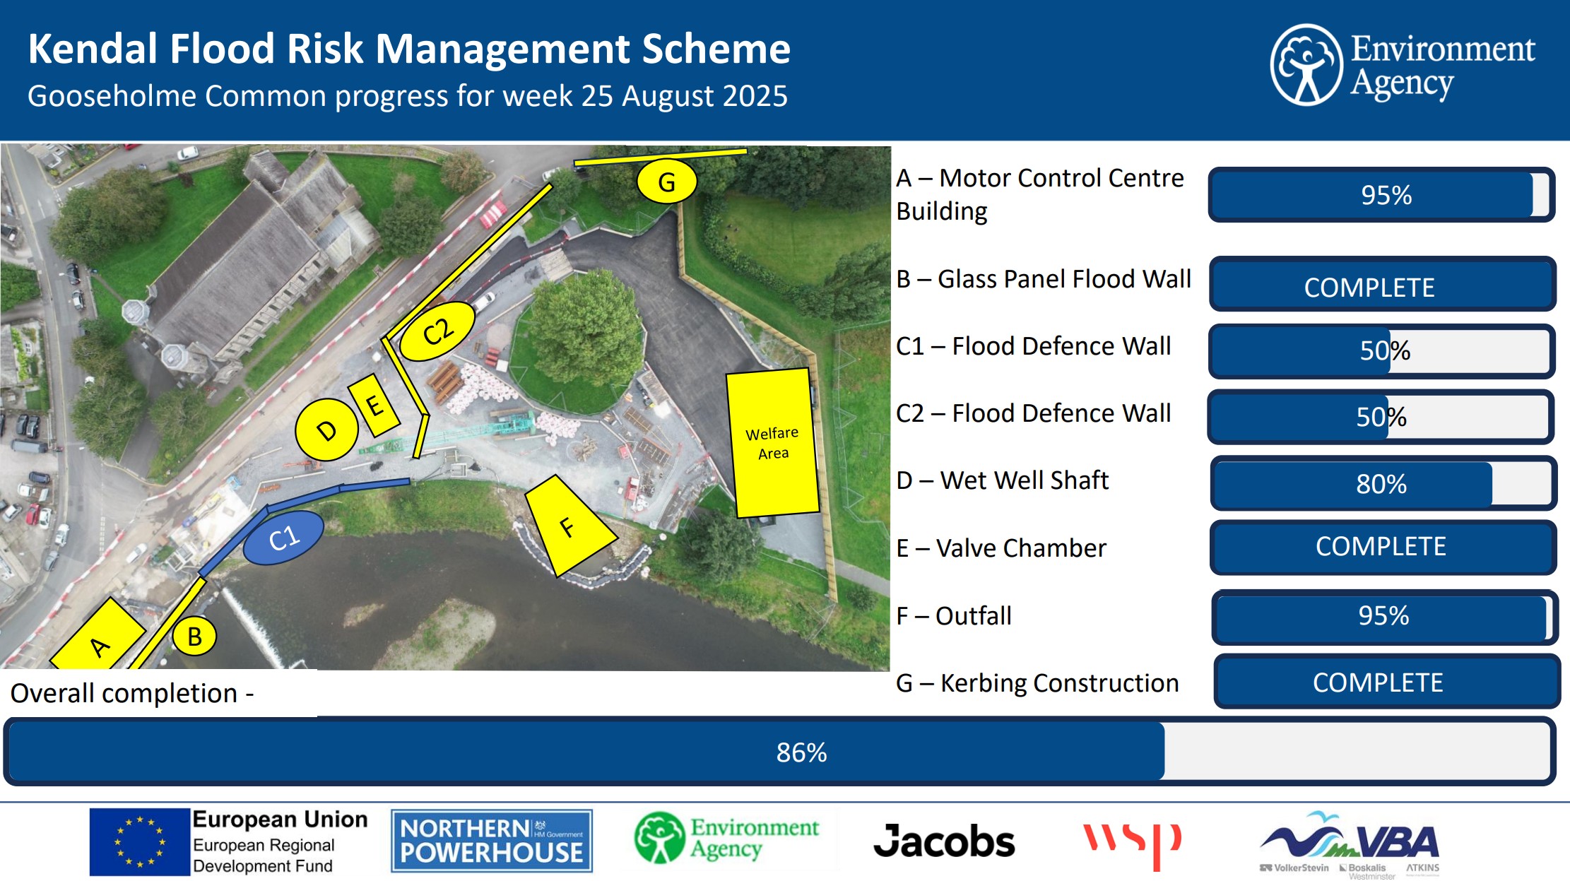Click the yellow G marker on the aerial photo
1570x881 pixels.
(666, 182)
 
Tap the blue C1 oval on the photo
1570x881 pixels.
(283, 538)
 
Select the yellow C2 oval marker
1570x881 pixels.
(437, 331)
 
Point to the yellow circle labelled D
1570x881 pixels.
(326, 430)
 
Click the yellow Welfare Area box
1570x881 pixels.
(772, 443)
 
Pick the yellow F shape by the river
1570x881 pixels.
(569, 526)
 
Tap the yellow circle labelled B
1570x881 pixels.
(194, 636)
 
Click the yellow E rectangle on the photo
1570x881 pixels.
(374, 405)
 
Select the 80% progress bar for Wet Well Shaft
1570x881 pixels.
(1383, 484)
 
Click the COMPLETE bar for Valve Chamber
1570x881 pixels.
(1383, 547)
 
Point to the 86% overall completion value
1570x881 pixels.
(801, 752)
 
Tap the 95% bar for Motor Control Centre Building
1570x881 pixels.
(1382, 195)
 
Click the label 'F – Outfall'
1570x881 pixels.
(954, 616)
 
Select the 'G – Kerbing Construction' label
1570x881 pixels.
(1037, 683)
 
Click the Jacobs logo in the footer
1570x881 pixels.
(944, 841)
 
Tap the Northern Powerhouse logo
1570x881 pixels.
(492, 841)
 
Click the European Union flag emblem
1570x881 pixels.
(140, 842)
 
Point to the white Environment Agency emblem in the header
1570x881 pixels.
(1306, 65)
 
